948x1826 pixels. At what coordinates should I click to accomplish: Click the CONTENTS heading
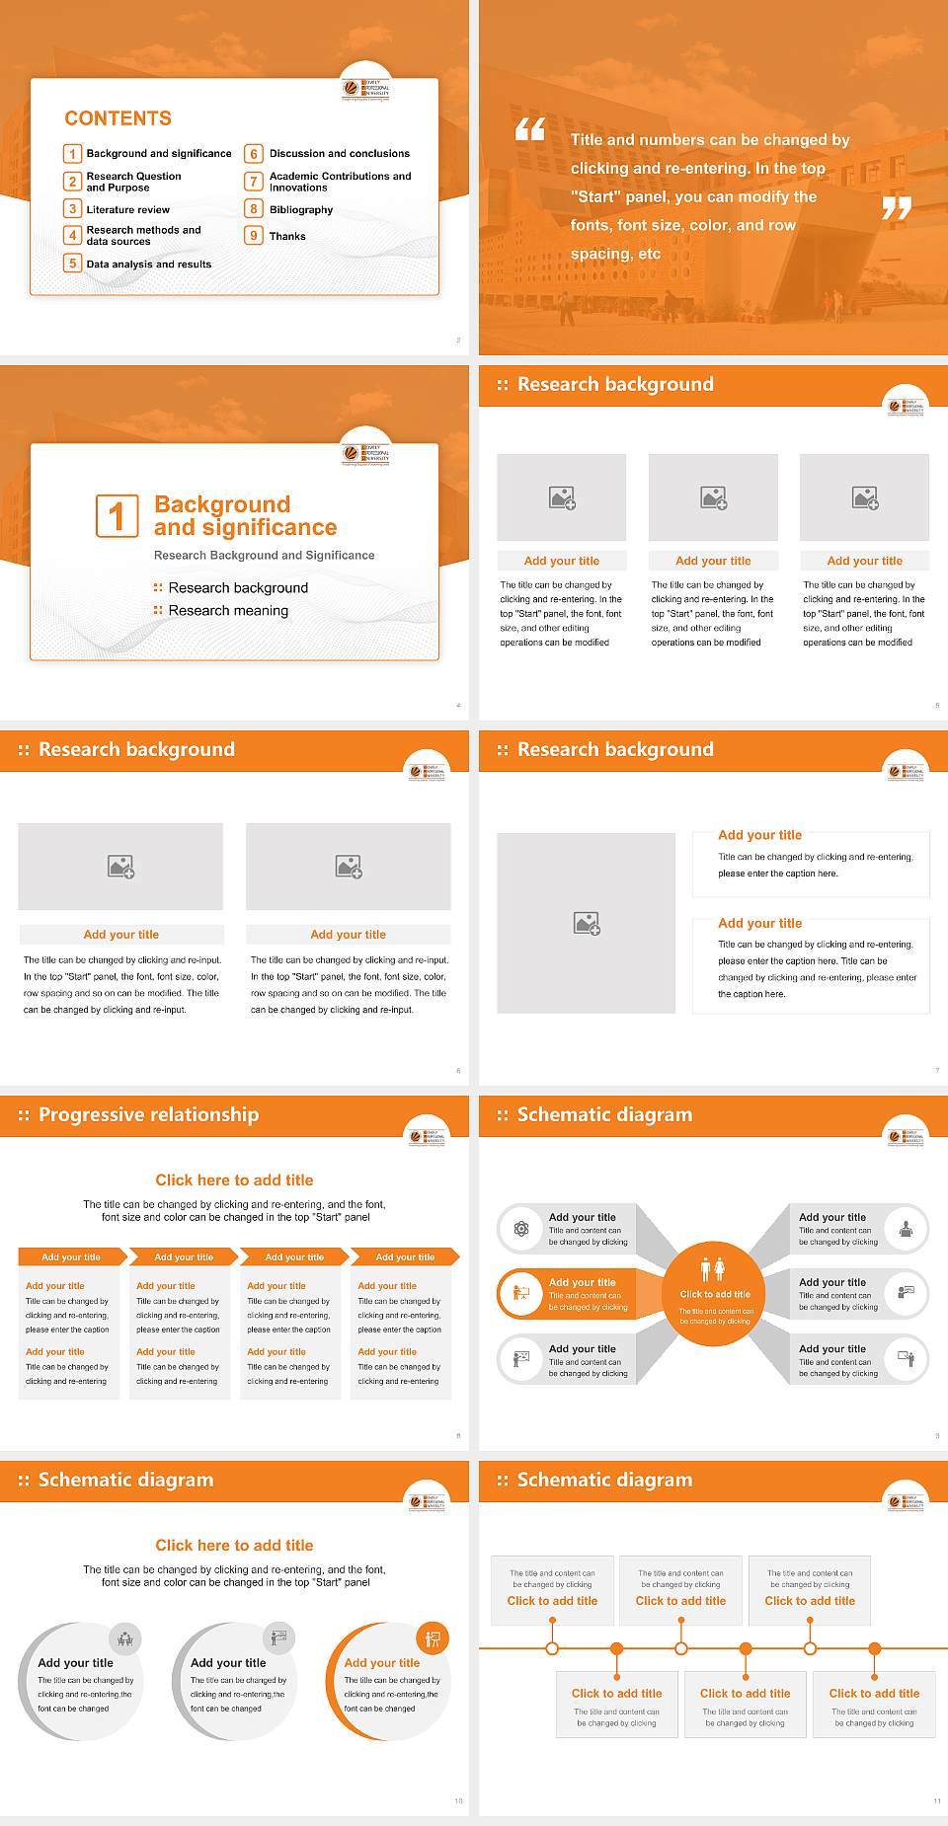118,118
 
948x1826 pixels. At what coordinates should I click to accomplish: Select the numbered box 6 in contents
254,154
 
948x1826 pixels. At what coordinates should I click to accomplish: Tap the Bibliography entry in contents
300,210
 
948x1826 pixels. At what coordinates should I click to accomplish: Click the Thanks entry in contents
287,237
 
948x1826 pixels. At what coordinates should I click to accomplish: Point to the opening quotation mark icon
530,129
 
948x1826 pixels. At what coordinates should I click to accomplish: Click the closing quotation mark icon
896,208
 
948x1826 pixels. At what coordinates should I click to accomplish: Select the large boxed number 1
117,516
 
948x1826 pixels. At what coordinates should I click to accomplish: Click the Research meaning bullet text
228,611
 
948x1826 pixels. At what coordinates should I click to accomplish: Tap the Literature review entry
127,210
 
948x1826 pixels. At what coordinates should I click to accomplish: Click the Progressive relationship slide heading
148,1114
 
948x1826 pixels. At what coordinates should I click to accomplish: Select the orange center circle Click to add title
714,1294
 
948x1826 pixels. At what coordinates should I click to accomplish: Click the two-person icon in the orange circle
712,1269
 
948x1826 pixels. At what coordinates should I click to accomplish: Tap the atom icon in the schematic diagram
521,1229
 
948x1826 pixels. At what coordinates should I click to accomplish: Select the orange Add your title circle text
381,1663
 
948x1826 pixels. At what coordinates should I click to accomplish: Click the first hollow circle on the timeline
552,1648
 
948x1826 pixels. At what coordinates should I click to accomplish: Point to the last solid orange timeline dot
874,1648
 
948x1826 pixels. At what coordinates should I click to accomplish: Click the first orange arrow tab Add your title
71,1256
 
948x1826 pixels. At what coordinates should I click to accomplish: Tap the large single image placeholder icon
587,924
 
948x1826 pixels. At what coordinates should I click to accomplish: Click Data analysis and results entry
148,265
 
